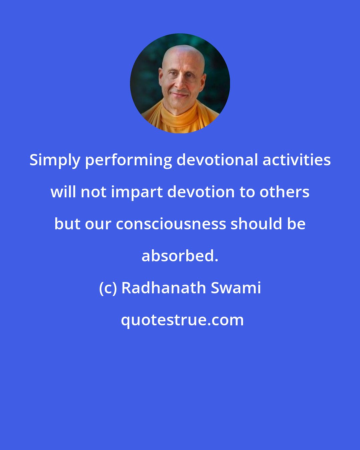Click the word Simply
[55, 161]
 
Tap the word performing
[128, 161]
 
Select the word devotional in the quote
[217, 160]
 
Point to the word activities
[297, 160]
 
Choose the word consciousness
[171, 224]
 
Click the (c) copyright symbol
[108, 288]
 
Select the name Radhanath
[163, 288]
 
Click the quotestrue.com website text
[182, 320]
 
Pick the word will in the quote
[63, 192]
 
